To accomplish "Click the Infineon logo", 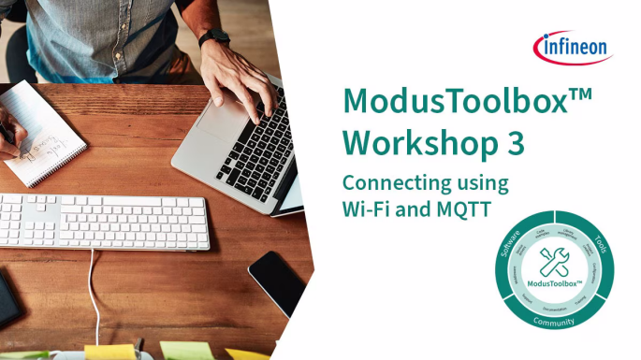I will click(x=573, y=45).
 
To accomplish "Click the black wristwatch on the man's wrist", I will click(x=214, y=37).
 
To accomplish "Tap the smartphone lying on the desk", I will click(x=277, y=281).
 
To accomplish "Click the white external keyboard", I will click(x=103, y=220).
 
